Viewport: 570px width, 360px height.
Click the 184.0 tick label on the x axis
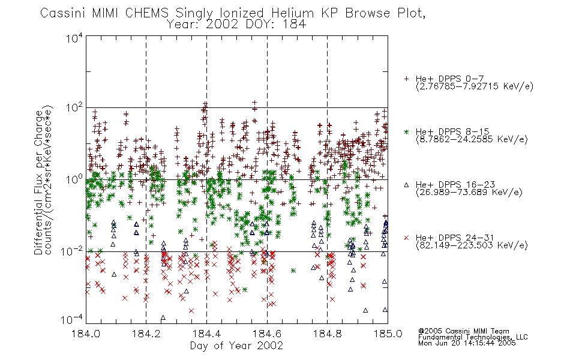click(x=86, y=334)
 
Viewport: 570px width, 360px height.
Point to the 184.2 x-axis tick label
click(x=146, y=334)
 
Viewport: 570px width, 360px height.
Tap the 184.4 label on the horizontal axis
click(x=206, y=334)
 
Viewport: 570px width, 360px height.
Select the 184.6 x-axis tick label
click(x=267, y=334)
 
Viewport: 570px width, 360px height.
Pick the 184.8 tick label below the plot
click(x=327, y=334)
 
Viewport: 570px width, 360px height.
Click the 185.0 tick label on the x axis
click(x=388, y=334)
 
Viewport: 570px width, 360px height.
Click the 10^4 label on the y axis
click(x=74, y=38)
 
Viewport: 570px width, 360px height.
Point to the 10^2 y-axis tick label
click(x=74, y=108)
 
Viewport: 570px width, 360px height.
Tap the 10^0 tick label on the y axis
click(x=74, y=179)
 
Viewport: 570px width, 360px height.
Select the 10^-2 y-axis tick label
click(x=72, y=251)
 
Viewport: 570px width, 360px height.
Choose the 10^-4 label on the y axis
click(x=72, y=320)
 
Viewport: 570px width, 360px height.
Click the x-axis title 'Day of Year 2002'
click(x=236, y=346)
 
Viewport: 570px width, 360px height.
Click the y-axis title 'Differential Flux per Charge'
click(x=39, y=182)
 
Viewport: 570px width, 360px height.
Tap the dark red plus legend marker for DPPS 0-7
click(x=407, y=79)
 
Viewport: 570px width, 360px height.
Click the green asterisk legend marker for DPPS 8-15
click(x=407, y=131)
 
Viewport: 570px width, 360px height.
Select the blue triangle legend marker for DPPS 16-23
click(x=407, y=185)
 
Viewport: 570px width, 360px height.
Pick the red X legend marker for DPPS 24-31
click(x=407, y=238)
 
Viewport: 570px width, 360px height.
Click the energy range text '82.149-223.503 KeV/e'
click(x=472, y=245)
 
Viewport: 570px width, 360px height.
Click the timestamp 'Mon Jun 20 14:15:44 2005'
click(x=467, y=343)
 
